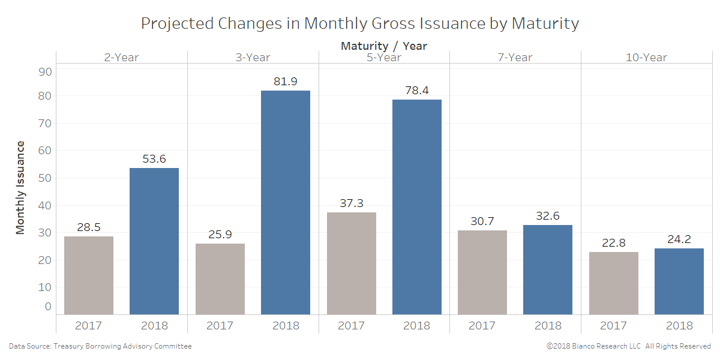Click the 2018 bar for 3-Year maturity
[x=286, y=202]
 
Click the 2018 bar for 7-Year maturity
[x=548, y=269]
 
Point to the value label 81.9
[x=286, y=81]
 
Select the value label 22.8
[x=613, y=242]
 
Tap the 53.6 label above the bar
[x=154, y=158]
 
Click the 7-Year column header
[x=515, y=58]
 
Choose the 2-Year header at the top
[x=121, y=58]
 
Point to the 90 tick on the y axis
[x=46, y=71]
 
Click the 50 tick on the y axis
[x=46, y=178]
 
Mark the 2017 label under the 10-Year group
[x=613, y=326]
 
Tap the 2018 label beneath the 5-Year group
[x=416, y=326]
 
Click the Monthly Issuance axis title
[x=20, y=187]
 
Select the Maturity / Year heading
[x=384, y=46]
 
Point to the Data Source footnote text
[x=100, y=346]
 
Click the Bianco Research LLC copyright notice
[x=628, y=346]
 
